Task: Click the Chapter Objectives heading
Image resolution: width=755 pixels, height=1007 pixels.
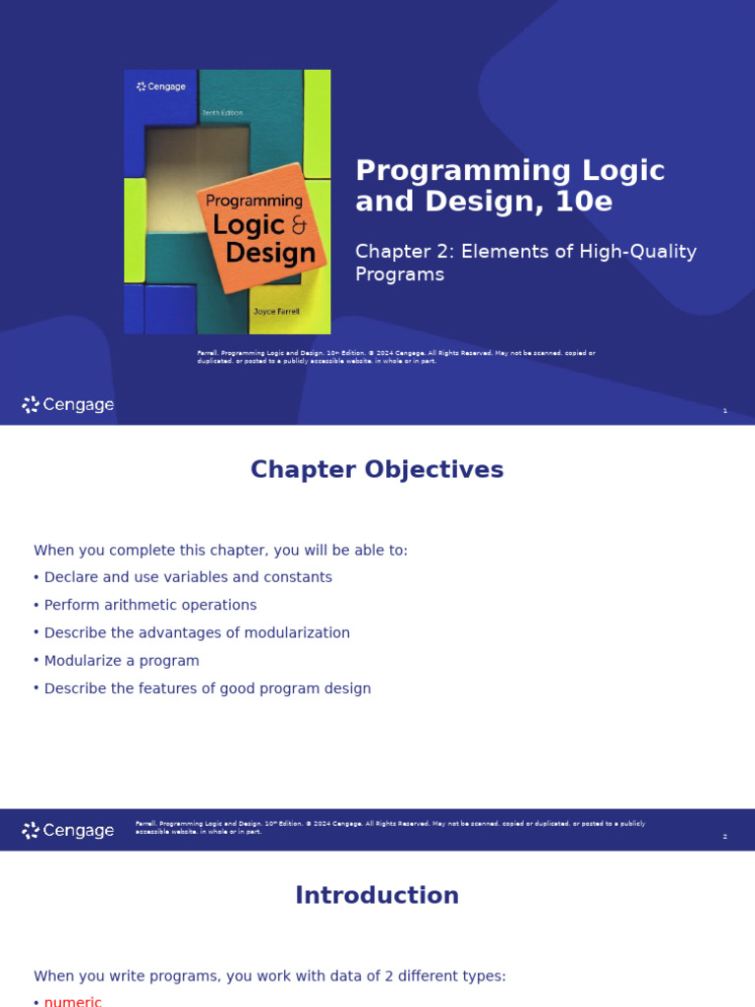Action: coord(377,470)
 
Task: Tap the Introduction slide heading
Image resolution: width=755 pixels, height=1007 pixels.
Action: coord(377,896)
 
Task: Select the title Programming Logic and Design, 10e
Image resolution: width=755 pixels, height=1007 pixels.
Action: coord(509,186)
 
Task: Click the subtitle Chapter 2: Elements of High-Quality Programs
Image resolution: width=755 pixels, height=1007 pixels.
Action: coord(525,263)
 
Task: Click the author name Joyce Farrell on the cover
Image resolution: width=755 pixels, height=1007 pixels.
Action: coord(275,311)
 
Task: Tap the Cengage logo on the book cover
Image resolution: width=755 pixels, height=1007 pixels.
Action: coord(161,87)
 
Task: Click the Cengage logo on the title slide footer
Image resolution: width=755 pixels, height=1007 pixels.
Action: coord(68,405)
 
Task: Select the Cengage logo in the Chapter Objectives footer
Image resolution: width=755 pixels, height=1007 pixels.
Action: coord(68,831)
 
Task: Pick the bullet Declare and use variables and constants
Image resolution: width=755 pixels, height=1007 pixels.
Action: coord(188,577)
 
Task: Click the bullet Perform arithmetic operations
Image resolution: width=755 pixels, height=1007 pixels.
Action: coord(149,605)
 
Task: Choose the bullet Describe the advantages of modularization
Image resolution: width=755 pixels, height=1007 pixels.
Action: coord(197,633)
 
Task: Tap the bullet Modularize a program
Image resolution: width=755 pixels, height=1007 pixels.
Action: coord(121,661)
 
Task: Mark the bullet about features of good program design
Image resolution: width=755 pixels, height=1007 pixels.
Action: coord(207,688)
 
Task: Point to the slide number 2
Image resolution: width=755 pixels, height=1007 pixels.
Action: coord(725,837)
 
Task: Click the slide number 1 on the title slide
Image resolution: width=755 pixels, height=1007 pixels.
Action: coord(725,411)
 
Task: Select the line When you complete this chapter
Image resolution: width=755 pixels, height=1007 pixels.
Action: coord(220,551)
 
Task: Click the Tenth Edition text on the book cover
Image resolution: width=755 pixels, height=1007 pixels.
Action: coord(222,113)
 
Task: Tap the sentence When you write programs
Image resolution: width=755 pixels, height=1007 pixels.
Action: coord(269,977)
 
